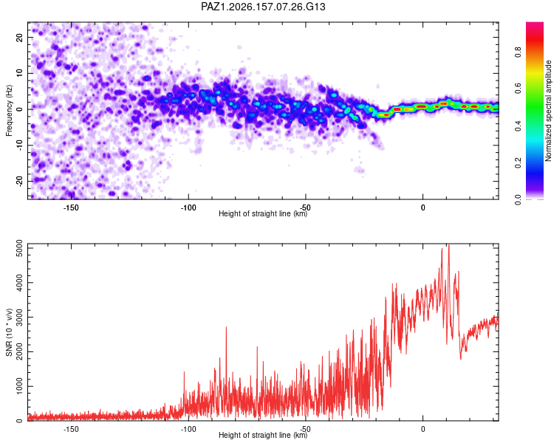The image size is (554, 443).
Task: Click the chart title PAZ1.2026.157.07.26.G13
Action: (263, 7)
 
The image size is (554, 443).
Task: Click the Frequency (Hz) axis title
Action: (9, 111)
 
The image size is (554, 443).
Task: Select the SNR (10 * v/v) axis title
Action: (9, 332)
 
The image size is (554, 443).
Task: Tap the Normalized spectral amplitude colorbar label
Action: (548, 111)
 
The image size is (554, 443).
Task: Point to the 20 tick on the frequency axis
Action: (19, 38)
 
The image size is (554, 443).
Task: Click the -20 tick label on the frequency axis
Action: (19, 181)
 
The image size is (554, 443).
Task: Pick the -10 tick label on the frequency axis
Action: (19, 145)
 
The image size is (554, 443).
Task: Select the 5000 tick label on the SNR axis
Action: (19, 248)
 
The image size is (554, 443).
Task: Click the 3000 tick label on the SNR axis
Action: (19, 317)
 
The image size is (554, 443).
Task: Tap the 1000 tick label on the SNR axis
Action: (19, 386)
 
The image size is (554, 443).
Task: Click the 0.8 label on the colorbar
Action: (518, 52)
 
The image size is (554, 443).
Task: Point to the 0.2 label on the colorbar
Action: (518, 162)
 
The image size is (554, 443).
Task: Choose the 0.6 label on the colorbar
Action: (518, 89)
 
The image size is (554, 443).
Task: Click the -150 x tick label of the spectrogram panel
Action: (71, 207)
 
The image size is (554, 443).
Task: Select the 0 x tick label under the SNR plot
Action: (423, 429)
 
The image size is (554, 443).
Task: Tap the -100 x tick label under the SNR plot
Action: (188, 429)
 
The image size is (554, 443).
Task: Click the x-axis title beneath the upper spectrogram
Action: (263, 213)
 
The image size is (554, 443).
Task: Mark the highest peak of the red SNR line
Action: (449, 244)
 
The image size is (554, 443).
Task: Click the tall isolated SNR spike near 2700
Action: (226, 328)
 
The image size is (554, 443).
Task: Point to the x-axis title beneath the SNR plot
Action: (263, 435)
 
